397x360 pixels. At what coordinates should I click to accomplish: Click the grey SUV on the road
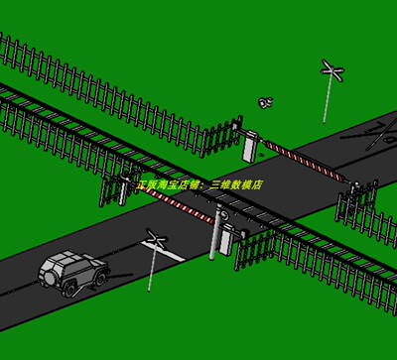[71, 273]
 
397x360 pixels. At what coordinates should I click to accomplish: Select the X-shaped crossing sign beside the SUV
[155, 238]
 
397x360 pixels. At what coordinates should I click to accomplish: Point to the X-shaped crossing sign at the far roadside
[332, 70]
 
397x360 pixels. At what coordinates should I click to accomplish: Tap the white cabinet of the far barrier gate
[248, 144]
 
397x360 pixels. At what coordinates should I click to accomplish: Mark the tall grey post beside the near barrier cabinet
[212, 234]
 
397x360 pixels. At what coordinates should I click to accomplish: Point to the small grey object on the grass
[265, 102]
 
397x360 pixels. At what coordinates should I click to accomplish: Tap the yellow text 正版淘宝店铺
[168, 185]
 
